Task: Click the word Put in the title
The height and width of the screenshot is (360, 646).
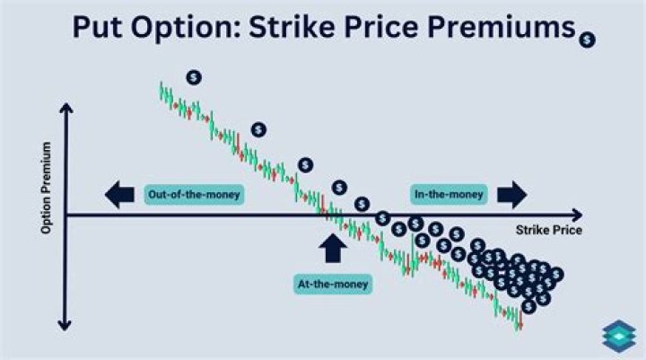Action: [x=101, y=29]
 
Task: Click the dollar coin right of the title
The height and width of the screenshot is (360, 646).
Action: [x=587, y=40]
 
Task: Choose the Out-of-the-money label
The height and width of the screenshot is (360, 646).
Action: [x=194, y=193]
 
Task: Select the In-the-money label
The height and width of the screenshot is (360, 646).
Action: [x=449, y=193]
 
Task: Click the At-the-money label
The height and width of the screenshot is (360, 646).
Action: [x=333, y=285]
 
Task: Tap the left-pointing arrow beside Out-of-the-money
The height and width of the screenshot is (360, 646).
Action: [x=118, y=193]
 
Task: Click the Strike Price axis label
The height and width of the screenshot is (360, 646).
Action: [x=548, y=230]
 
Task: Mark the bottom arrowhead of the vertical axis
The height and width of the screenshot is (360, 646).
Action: [x=65, y=325]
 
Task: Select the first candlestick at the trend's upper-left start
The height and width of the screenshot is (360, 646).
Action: [x=162, y=90]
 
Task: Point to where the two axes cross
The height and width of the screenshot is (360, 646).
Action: [x=65, y=215]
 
